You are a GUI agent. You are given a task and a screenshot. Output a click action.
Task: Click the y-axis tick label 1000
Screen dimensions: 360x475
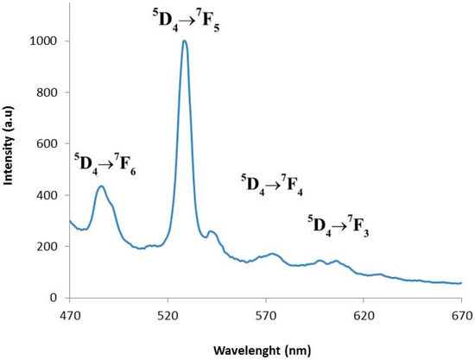click(x=48, y=41)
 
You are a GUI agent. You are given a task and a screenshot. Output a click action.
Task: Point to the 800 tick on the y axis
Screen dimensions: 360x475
click(x=52, y=92)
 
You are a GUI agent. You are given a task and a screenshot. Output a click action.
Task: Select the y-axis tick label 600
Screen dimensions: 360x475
click(x=52, y=144)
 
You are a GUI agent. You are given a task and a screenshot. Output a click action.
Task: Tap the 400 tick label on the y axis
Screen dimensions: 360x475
click(x=52, y=195)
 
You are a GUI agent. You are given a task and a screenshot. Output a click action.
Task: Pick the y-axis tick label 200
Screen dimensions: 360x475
click(x=52, y=247)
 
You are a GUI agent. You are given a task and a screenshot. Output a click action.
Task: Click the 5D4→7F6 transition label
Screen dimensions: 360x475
click(x=104, y=161)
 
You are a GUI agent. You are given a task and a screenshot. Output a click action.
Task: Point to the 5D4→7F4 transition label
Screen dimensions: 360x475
click(x=270, y=184)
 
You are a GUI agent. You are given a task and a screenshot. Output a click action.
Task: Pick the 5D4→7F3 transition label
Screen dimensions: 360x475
click(x=339, y=226)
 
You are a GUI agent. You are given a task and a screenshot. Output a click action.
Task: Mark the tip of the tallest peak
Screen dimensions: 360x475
click(x=185, y=41)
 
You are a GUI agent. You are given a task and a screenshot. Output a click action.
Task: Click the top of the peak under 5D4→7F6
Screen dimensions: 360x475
click(x=102, y=186)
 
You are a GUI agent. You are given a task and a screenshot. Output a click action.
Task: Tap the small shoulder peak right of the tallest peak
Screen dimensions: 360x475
click(x=211, y=231)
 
